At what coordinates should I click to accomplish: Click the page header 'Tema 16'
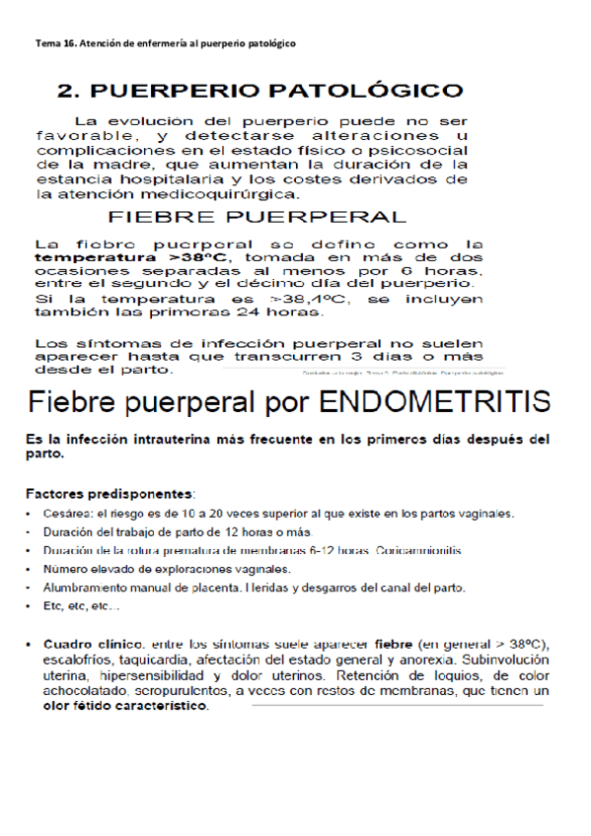click(x=56, y=44)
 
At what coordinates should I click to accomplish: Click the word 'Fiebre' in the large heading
click(x=72, y=402)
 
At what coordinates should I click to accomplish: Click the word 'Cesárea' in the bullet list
click(x=69, y=514)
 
